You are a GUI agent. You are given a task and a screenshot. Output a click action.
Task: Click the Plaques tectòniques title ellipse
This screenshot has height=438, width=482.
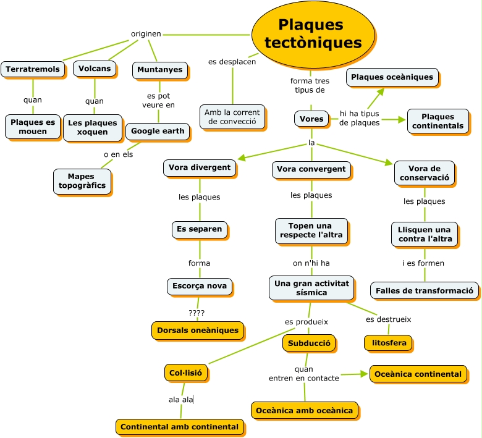click(x=313, y=34)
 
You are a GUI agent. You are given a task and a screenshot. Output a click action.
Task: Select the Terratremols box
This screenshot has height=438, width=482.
click(x=33, y=69)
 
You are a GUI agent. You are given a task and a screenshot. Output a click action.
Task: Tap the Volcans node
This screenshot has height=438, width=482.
click(x=95, y=69)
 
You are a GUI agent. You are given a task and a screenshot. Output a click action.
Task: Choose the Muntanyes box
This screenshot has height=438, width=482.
click(x=160, y=70)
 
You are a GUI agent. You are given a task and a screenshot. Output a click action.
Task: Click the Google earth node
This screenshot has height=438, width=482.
click(x=157, y=131)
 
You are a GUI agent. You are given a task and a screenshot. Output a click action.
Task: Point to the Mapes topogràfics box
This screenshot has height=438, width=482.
click(x=82, y=181)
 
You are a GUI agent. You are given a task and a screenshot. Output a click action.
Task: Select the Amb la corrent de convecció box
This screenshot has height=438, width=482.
click(x=232, y=117)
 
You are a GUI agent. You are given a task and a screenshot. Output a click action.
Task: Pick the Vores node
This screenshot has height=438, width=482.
click(x=311, y=119)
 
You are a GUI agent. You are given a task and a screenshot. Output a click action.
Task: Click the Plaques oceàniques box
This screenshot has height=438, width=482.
click(x=392, y=77)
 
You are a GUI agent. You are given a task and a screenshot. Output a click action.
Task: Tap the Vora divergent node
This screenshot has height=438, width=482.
click(x=200, y=167)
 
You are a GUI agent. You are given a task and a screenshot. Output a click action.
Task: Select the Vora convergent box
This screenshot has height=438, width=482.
click(x=311, y=169)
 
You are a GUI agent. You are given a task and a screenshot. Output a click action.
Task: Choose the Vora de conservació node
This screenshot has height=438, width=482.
click(x=425, y=173)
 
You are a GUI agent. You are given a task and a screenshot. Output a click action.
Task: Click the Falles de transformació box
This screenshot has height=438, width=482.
click(x=425, y=290)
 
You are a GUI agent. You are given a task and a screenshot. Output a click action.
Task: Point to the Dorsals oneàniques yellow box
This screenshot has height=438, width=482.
click(x=198, y=331)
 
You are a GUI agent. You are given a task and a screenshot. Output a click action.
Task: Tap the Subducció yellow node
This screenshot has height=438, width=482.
click(x=309, y=343)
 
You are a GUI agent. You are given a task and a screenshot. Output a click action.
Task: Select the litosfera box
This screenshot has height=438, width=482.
click(x=387, y=342)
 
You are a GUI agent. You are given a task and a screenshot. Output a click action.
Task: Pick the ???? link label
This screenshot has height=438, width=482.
click(x=197, y=313)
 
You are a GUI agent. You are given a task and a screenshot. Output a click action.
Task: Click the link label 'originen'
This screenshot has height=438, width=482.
click(x=146, y=34)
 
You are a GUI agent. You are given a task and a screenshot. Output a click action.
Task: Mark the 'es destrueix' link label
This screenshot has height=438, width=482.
click(x=388, y=319)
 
